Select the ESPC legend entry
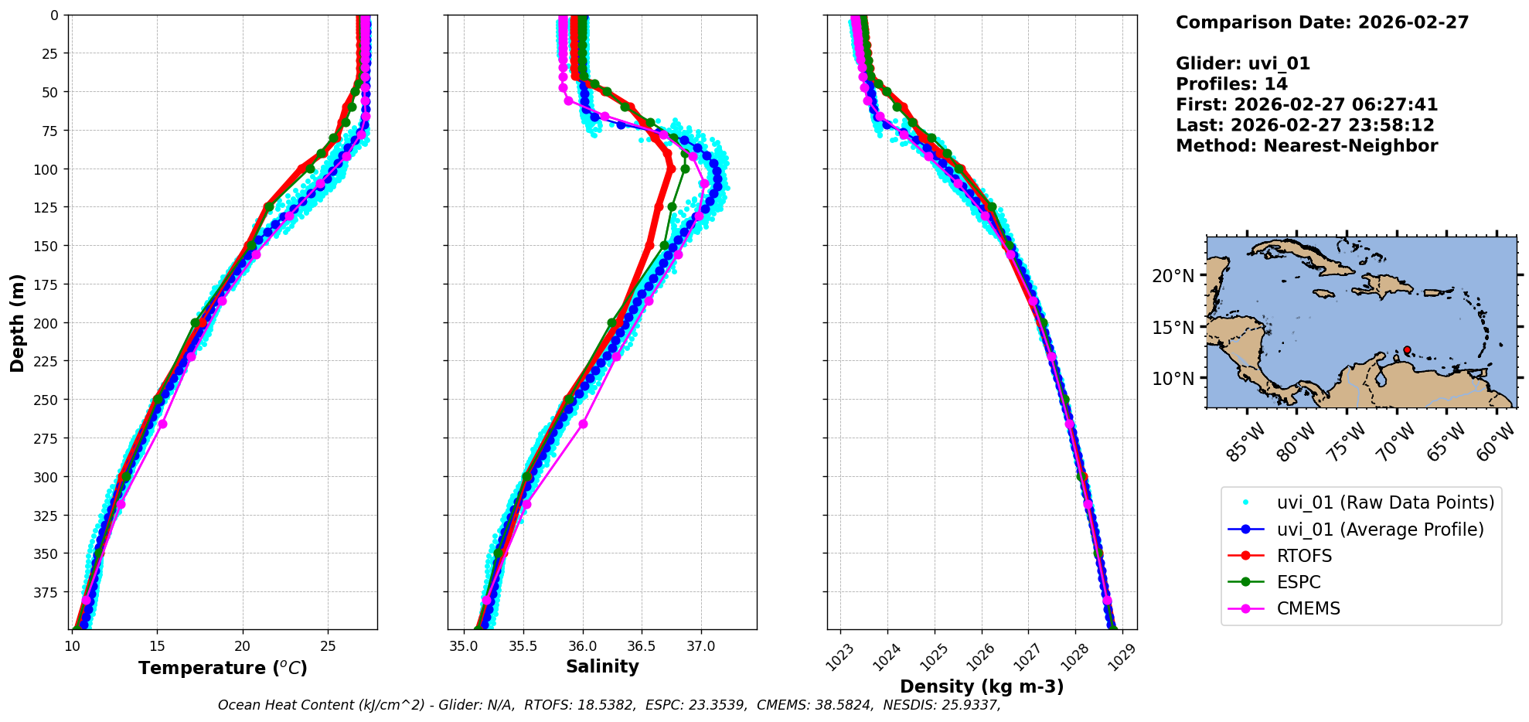(x=1299, y=582)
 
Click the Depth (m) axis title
(x=17, y=322)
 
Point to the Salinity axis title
(x=602, y=667)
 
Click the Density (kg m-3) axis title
(x=982, y=686)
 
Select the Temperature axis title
(x=223, y=668)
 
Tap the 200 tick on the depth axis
(x=47, y=323)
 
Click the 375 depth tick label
(x=47, y=592)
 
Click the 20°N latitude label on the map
(x=1173, y=276)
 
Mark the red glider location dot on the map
(x=1407, y=350)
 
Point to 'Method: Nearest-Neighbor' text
(x=1306, y=146)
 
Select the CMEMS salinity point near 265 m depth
(x=583, y=424)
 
